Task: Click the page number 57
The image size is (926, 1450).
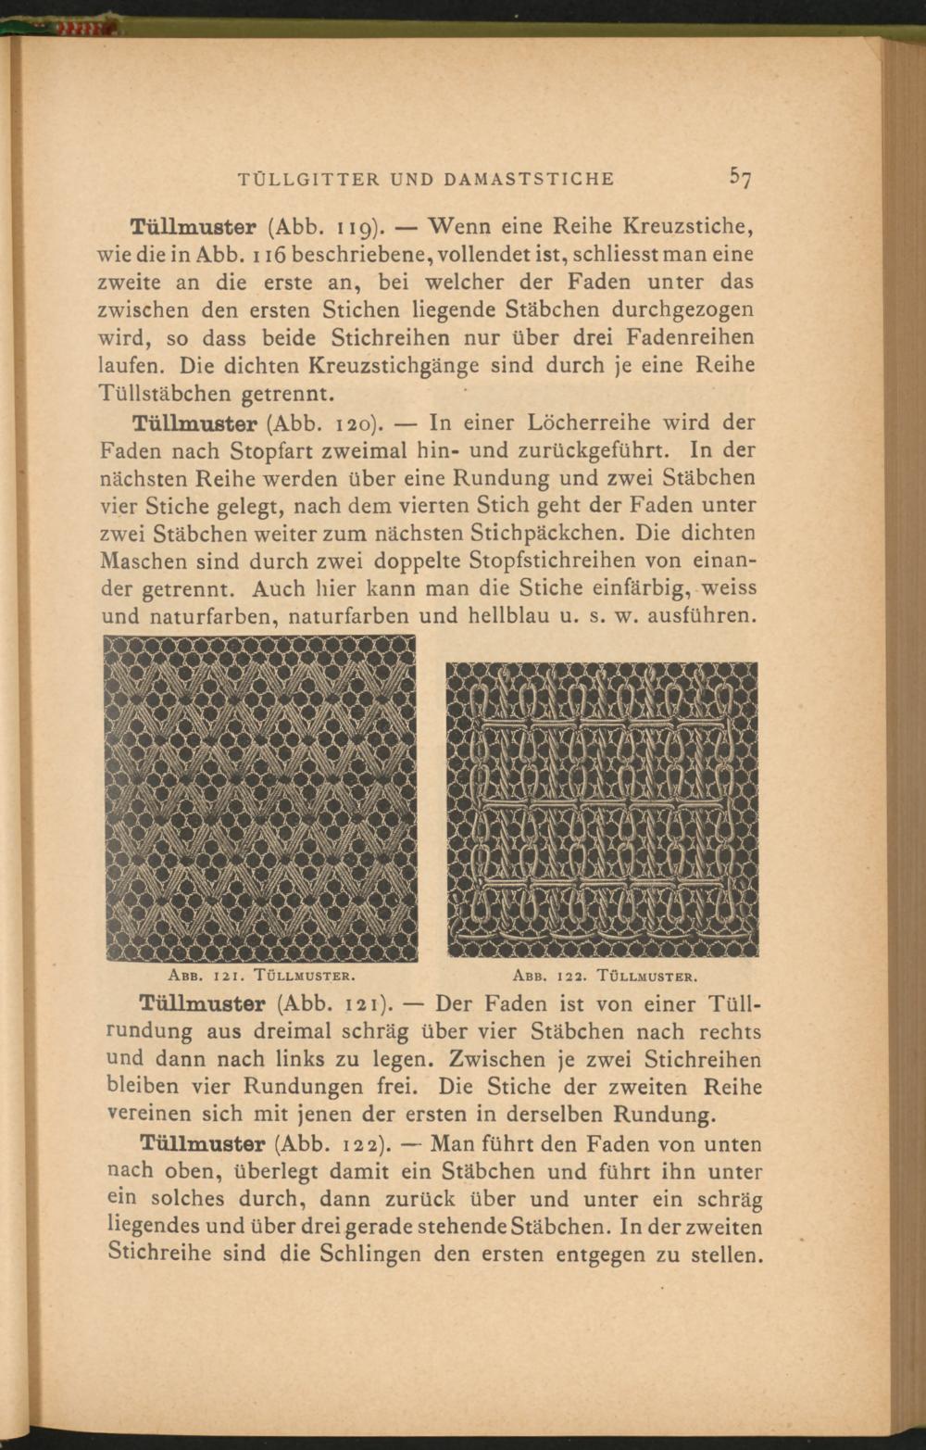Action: click(739, 177)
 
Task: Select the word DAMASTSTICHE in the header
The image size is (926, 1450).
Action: click(530, 179)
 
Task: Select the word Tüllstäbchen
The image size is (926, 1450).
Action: click(166, 394)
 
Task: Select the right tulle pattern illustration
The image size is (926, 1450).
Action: click(602, 808)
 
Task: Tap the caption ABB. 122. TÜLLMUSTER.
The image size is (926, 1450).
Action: click(603, 976)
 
